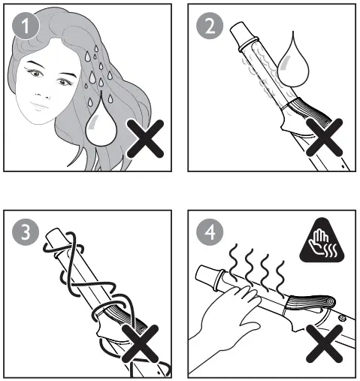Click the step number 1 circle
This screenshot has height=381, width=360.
[25, 27]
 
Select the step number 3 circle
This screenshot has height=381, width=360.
[25, 232]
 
